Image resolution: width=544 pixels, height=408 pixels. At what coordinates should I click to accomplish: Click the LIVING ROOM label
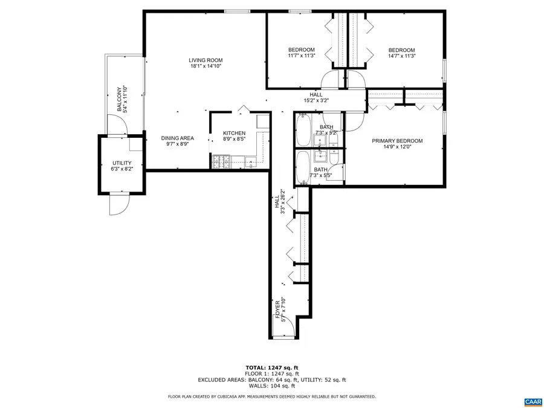tap(206, 60)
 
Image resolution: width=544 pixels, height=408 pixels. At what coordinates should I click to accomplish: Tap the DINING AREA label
tap(177, 138)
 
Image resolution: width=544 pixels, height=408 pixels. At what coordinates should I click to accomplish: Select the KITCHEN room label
tap(234, 133)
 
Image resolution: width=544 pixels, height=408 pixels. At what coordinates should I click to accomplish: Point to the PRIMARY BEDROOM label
tap(397, 141)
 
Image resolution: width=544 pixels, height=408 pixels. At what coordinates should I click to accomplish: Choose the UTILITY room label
tap(121, 163)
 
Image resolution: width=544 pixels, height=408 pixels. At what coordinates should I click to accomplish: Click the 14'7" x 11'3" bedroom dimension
tap(401, 56)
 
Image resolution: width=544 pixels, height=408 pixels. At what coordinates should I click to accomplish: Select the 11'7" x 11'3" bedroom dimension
tap(301, 56)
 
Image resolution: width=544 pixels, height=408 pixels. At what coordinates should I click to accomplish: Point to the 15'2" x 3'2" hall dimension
tap(316, 101)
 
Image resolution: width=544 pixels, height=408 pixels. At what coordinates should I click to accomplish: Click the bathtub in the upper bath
tap(302, 131)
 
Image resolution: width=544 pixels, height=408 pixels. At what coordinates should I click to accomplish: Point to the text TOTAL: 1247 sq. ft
tap(271, 368)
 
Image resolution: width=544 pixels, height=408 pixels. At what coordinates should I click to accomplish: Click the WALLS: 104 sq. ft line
tap(271, 386)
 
